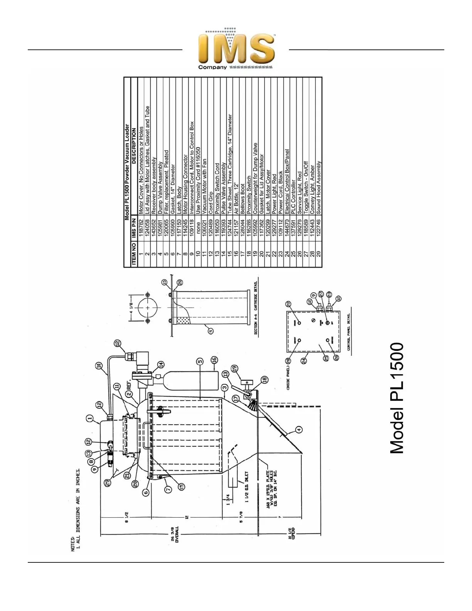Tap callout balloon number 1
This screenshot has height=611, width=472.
[x=90, y=417]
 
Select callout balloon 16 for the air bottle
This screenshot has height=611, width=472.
[x=214, y=360]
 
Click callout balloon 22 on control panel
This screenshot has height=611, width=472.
[x=288, y=304]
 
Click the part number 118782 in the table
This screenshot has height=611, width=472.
[x=141, y=230]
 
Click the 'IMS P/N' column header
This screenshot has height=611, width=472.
[x=134, y=231]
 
